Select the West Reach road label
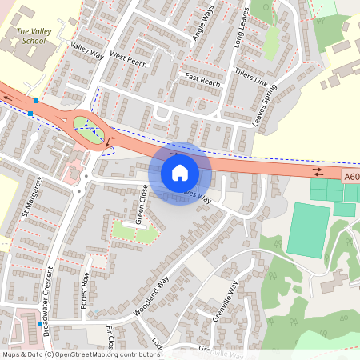click(x=129, y=58)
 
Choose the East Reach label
click(x=202, y=80)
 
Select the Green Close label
click(x=141, y=203)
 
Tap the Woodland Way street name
click(x=151, y=296)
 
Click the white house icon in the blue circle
click(x=180, y=173)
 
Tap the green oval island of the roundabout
click(x=89, y=129)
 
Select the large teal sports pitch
click(x=310, y=230)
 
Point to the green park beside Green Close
click(x=134, y=231)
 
